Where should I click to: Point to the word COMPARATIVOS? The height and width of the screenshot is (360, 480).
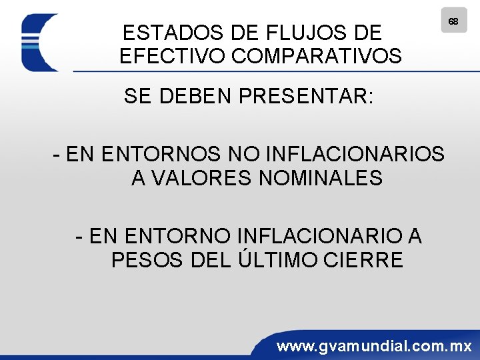(x=317, y=56)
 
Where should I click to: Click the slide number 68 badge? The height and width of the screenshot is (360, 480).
(x=453, y=21)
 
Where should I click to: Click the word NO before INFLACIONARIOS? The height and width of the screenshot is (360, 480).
(x=244, y=155)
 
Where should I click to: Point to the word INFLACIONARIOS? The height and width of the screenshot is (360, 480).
(x=355, y=155)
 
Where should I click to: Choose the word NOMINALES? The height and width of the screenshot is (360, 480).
(x=320, y=179)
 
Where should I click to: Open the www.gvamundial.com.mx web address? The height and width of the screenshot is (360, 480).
(x=374, y=346)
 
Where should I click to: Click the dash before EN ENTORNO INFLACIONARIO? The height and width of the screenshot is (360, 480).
(x=80, y=237)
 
